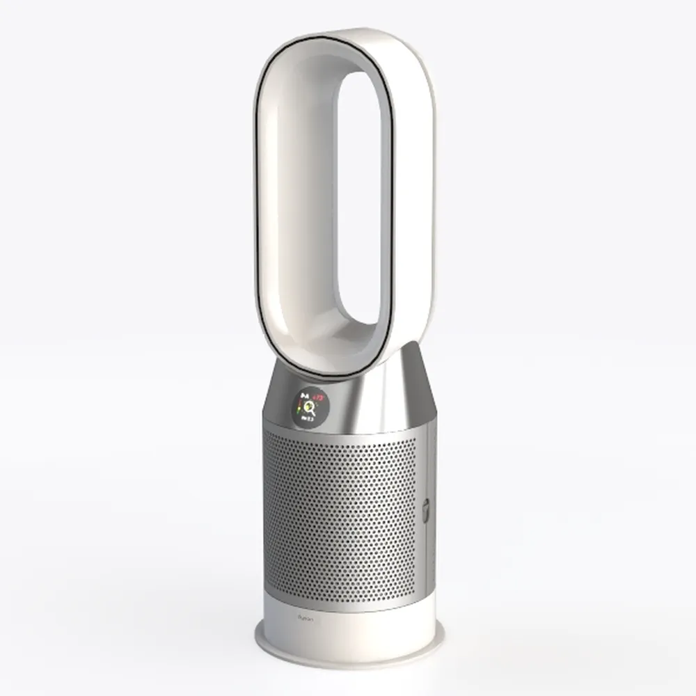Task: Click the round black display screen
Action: click(307, 407)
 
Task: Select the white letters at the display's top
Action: click(303, 396)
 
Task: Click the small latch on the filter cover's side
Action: click(425, 512)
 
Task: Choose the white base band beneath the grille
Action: click(348, 623)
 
